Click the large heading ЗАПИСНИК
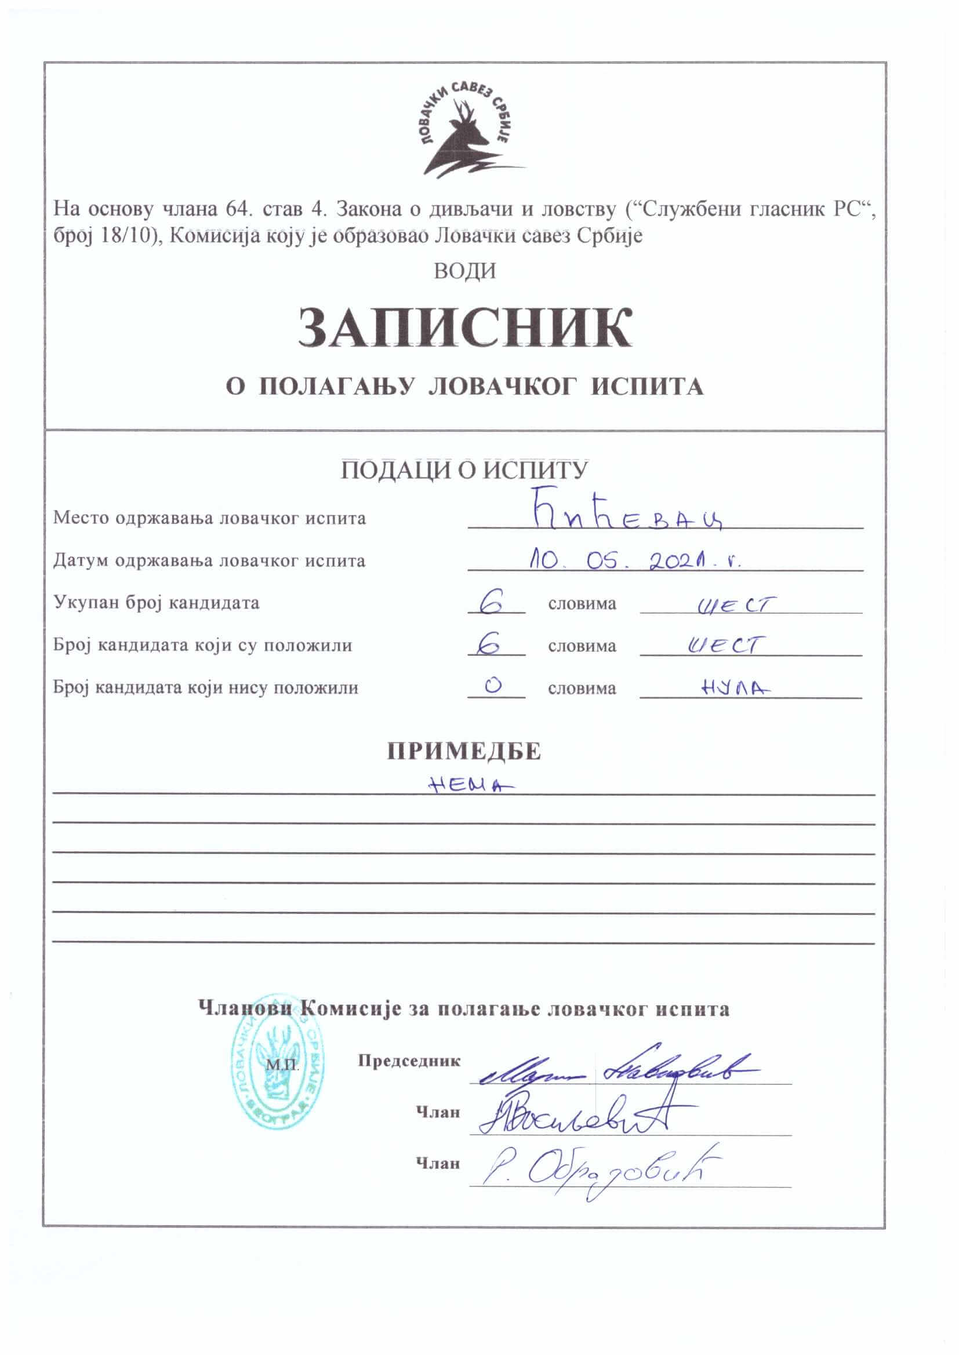[x=465, y=328]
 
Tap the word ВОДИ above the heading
[x=465, y=271]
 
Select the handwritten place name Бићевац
[x=629, y=516]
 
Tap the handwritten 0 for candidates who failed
[x=492, y=685]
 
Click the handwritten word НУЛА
[x=735, y=687]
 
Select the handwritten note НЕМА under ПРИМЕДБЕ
[x=470, y=784]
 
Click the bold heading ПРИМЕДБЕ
[x=464, y=752]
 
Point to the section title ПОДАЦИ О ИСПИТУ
[x=464, y=471]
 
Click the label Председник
[x=409, y=1061]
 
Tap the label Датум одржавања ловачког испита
[x=209, y=560]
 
